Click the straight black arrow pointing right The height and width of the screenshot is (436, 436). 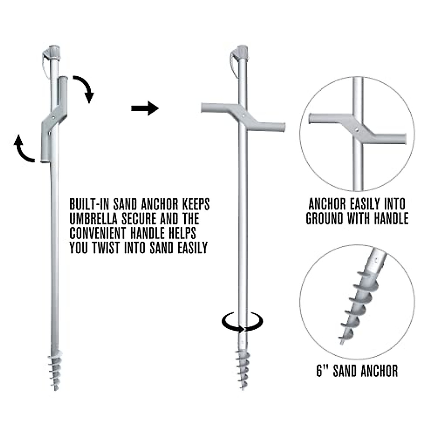click(145, 108)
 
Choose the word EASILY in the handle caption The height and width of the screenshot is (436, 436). click(363, 204)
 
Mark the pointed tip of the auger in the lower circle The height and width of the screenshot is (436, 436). click(341, 343)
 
